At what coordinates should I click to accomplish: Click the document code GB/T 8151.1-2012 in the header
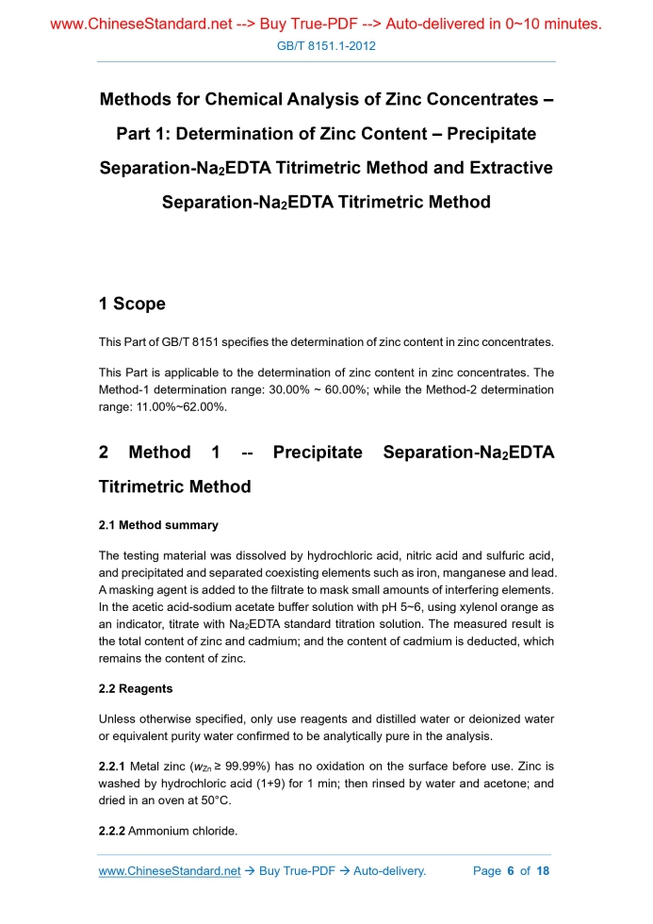[326, 45]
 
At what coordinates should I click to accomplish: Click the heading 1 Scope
[132, 304]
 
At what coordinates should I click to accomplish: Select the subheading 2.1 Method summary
[158, 524]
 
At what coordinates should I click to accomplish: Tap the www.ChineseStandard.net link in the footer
[170, 870]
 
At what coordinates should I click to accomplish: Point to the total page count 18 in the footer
[542, 870]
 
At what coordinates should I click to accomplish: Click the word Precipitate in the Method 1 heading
[318, 453]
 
